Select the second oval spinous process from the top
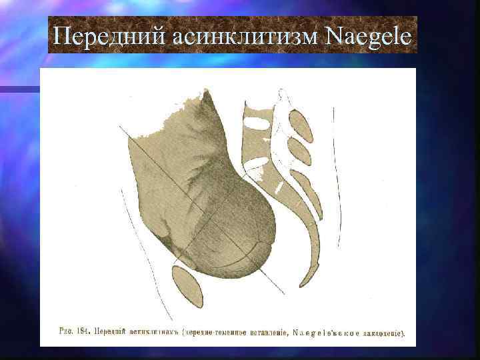point(299,152)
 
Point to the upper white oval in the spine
point(256,123)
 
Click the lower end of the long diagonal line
point(283,293)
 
